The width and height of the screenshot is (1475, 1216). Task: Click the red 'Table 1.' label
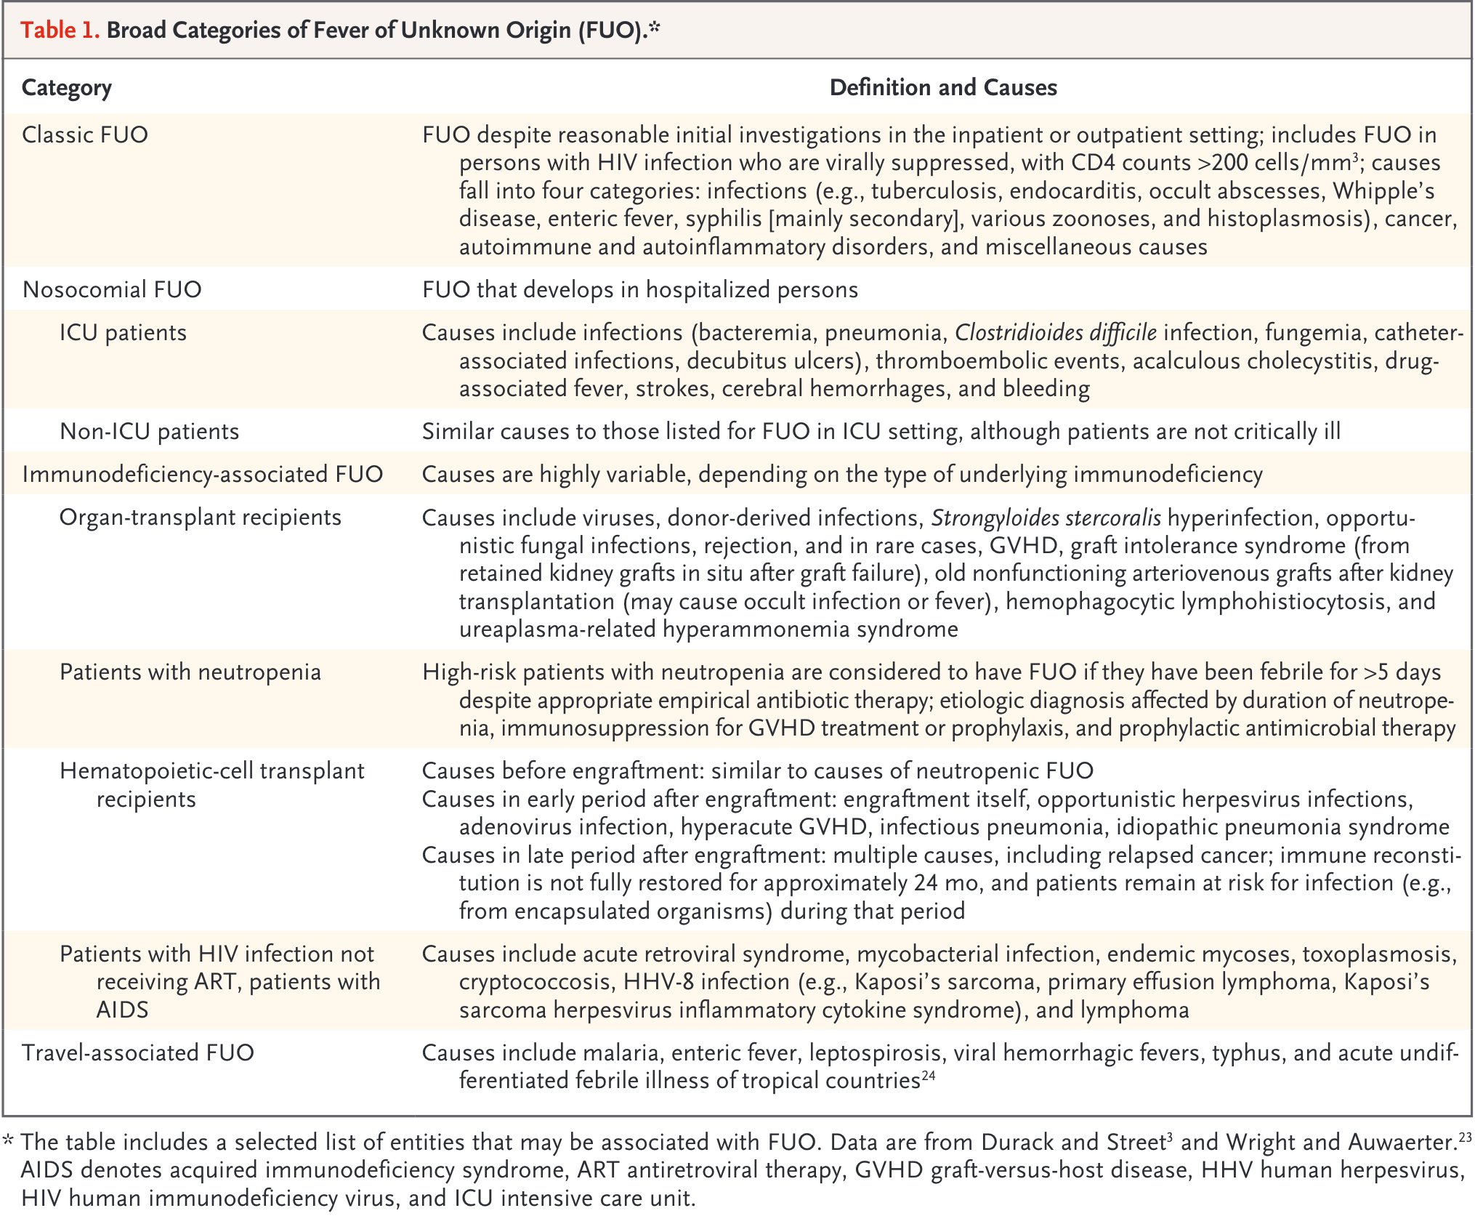(60, 30)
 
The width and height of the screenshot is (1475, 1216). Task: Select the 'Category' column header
(67, 88)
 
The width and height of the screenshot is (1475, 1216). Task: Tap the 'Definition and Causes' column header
(942, 88)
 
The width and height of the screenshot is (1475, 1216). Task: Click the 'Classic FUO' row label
(85, 135)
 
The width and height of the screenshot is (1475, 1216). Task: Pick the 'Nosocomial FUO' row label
(112, 290)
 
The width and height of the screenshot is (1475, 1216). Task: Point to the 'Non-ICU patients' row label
(149, 432)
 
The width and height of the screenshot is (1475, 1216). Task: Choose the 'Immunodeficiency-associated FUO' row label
(202, 475)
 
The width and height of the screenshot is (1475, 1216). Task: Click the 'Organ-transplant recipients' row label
(200, 518)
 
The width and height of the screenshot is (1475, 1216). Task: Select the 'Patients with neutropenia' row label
(190, 672)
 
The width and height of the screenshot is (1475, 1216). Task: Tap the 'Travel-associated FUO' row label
(138, 1053)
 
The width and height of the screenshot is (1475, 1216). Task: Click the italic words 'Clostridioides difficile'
(1055, 333)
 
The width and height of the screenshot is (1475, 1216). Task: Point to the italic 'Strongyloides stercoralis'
(1046, 518)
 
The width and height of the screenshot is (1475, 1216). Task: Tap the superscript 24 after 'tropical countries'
(929, 1076)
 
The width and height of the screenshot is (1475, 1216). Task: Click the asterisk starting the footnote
(9, 1140)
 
